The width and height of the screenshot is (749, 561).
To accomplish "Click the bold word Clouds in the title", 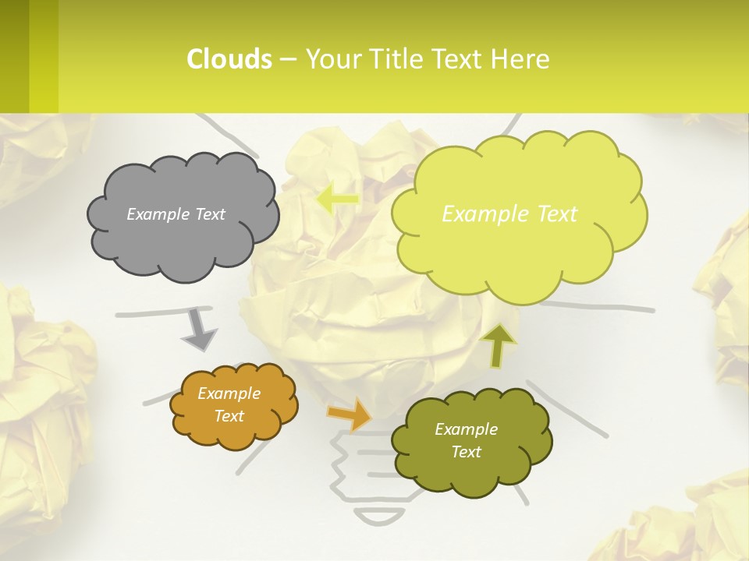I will pos(229,59).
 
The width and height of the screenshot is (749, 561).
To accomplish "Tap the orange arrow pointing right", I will pos(350,414).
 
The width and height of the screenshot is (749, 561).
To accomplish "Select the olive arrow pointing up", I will pos(499,344).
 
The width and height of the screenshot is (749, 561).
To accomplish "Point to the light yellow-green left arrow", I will pos(337,199).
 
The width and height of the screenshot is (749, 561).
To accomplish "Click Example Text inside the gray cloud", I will pos(176,214).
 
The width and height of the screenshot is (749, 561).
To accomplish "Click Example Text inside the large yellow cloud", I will pos(509,214).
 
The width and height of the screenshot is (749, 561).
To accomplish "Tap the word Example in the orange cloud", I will pos(229,393).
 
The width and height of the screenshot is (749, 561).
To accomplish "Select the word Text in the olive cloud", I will pos(466,452).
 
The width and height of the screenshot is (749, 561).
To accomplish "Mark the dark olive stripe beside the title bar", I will pos(14,56).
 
